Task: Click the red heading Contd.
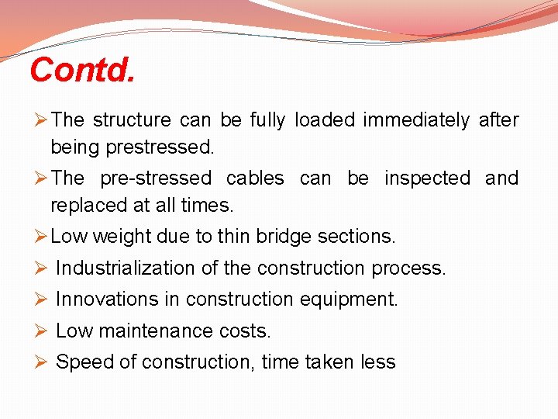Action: click(82, 71)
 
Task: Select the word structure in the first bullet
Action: click(132, 120)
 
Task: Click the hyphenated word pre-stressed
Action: click(156, 178)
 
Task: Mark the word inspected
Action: click(427, 178)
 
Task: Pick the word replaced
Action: click(84, 205)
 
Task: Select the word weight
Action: click(121, 236)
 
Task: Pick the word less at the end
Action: click(378, 362)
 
